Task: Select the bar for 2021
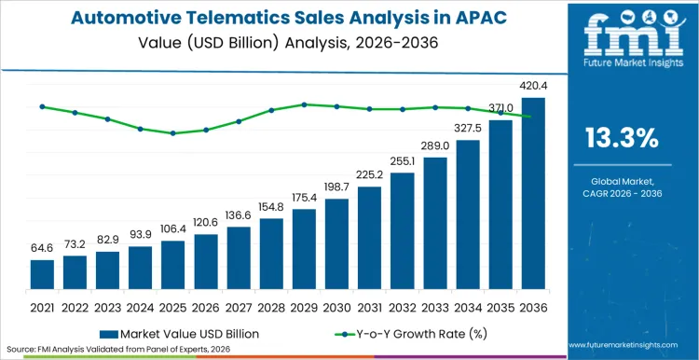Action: click(42, 274)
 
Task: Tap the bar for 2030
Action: click(336, 243)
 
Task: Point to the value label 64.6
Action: click(42, 250)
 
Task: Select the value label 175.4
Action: click(304, 199)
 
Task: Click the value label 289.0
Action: click(435, 146)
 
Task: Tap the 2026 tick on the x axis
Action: click(206, 306)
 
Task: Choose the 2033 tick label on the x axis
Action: click(435, 306)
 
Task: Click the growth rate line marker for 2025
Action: click(172, 133)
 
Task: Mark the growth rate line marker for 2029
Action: click(304, 104)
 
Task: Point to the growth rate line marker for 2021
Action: click(42, 106)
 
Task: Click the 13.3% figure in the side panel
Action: click(621, 139)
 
